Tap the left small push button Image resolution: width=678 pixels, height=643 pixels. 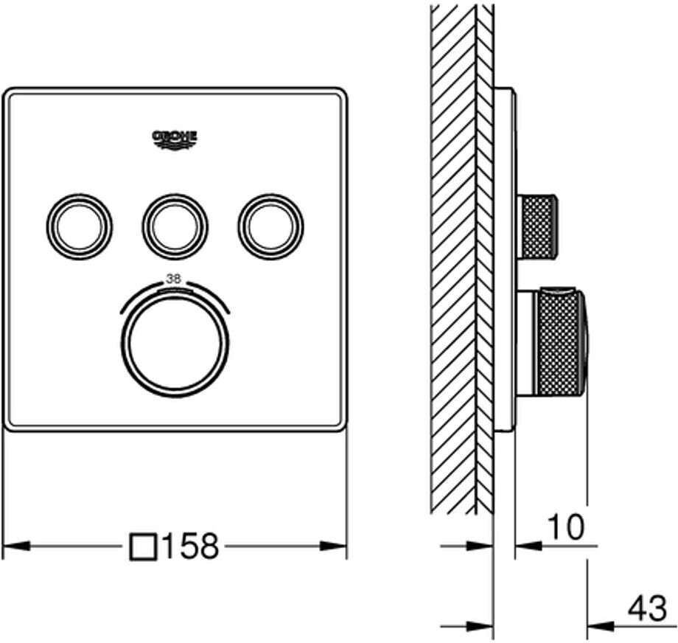click(80, 226)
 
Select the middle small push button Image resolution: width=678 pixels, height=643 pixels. click(175, 226)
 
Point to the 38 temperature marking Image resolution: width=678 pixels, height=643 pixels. click(174, 279)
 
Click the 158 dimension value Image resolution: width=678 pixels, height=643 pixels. click(190, 547)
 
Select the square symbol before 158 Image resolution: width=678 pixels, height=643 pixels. click(143, 547)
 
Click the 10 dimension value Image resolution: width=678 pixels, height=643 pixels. click(565, 527)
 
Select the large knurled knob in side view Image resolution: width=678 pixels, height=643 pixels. click(558, 344)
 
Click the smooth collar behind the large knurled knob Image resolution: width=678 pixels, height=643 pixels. click(528, 344)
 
